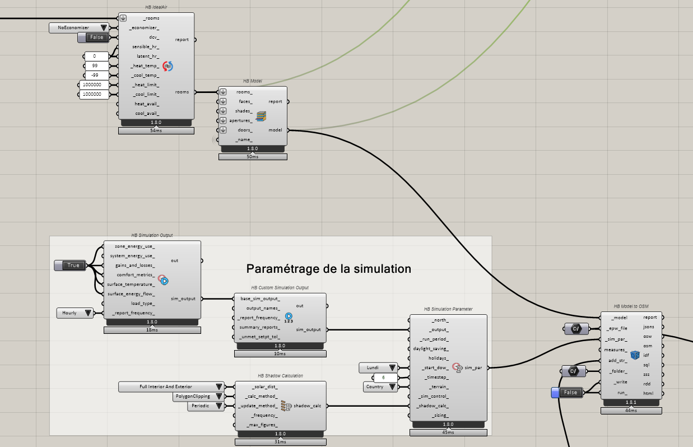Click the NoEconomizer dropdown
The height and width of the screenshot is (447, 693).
(78, 28)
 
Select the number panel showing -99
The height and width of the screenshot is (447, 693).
(96, 75)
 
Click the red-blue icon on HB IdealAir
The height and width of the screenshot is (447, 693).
(168, 66)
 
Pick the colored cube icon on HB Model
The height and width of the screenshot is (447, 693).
(261, 117)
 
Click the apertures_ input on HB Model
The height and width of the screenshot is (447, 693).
(241, 120)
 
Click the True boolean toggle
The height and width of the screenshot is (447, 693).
(70, 266)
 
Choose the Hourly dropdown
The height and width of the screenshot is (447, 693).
(75, 313)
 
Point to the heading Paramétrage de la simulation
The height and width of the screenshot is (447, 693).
(328, 268)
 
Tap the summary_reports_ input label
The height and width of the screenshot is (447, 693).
(259, 327)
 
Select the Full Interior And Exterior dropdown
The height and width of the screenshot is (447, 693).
(171, 387)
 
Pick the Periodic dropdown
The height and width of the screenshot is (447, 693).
(206, 406)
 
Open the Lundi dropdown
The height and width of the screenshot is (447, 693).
(378, 368)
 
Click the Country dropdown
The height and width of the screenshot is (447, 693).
(380, 387)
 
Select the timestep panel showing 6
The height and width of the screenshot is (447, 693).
(385, 378)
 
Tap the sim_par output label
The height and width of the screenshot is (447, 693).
(473, 368)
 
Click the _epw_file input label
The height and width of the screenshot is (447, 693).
(617, 328)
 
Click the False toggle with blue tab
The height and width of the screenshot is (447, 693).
(567, 393)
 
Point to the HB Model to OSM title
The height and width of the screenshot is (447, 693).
(631, 306)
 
